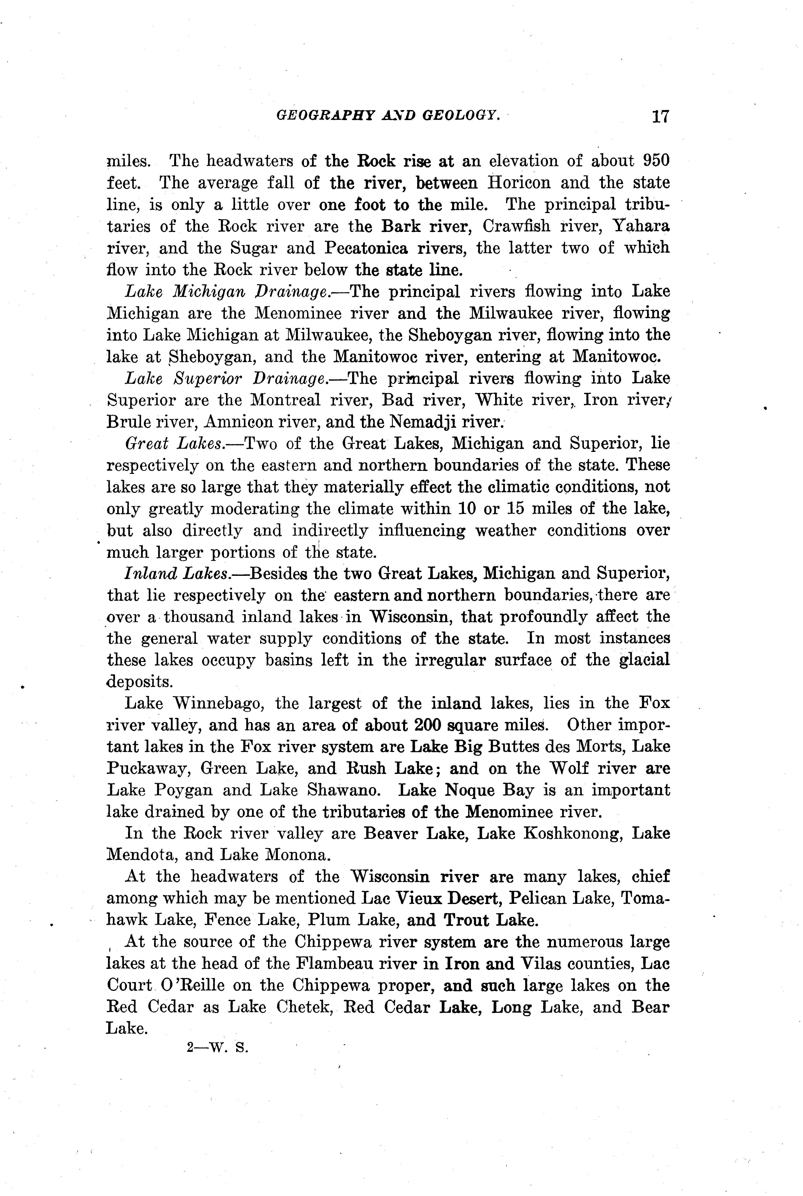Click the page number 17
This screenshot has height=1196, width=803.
(660, 117)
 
